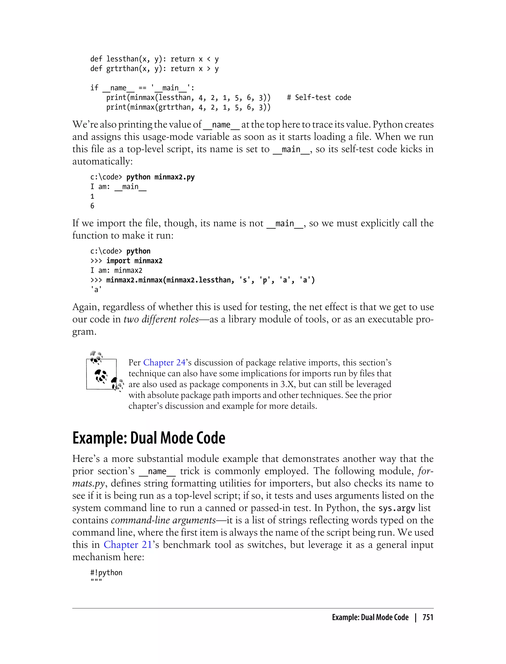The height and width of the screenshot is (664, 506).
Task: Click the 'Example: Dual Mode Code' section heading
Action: click(149, 438)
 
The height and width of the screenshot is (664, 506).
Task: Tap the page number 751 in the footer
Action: click(428, 617)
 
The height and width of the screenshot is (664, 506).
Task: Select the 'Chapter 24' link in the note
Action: click(164, 363)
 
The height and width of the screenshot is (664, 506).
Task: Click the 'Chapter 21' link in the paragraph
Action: click(128, 545)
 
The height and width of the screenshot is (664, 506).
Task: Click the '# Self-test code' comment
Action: click(319, 98)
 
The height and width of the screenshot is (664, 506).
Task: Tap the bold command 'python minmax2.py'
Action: click(160, 177)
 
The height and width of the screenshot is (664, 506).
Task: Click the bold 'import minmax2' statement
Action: click(134, 261)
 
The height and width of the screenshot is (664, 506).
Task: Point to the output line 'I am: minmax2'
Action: click(116, 270)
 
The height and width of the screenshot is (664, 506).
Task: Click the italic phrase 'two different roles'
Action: click(161, 319)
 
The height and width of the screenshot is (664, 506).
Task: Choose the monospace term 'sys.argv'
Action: click(397, 508)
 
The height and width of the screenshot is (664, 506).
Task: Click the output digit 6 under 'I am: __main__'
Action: click(92, 206)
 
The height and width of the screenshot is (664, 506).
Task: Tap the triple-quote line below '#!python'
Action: click(96, 581)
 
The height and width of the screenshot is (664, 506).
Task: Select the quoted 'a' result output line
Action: click(96, 290)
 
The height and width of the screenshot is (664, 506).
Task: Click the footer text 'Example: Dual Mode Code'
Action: click(370, 617)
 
